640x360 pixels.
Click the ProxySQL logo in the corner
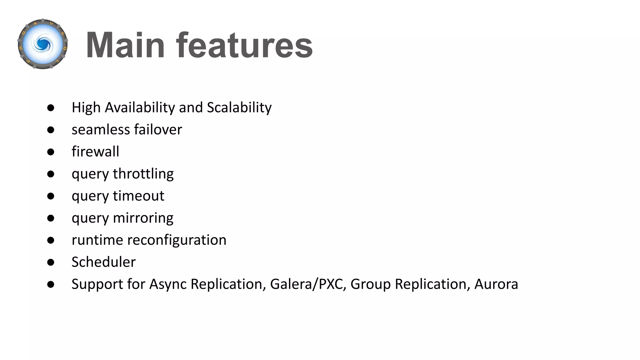[x=43, y=44]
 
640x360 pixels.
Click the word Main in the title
[x=125, y=45]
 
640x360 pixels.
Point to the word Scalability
[x=239, y=107]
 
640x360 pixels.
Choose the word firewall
[x=95, y=152]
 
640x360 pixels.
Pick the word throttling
[x=143, y=174]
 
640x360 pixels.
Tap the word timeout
[x=138, y=196]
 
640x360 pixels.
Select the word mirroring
[x=143, y=218]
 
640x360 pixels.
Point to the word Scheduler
[x=103, y=262]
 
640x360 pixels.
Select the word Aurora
[x=496, y=284]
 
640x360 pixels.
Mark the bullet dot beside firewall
[x=51, y=152]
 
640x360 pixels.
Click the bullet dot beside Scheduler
[x=51, y=262]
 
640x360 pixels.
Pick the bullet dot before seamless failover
[x=51, y=130]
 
